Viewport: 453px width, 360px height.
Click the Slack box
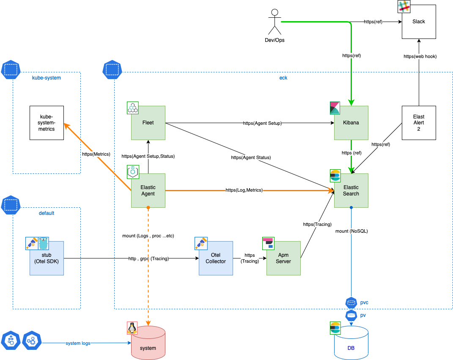click(x=419, y=22)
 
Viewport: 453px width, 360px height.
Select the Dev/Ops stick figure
click(x=275, y=22)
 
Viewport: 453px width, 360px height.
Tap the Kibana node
click(x=351, y=123)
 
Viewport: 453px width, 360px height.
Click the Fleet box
click(x=148, y=123)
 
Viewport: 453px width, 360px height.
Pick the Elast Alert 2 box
click(x=419, y=123)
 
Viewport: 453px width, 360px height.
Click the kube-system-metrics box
click(x=47, y=123)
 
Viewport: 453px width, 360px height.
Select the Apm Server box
click(x=283, y=258)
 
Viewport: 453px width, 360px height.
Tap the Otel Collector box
click(x=216, y=258)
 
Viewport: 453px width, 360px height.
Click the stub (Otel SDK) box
click(x=47, y=258)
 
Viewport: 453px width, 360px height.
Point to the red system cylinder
click(x=148, y=343)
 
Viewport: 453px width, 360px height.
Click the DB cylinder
click(x=351, y=343)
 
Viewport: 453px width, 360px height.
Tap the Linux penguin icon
click(x=132, y=328)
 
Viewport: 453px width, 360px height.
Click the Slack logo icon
click(x=404, y=6)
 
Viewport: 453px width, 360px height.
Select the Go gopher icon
click(x=43, y=243)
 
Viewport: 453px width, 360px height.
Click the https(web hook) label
click(x=420, y=56)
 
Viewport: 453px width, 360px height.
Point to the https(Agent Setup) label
click(x=262, y=123)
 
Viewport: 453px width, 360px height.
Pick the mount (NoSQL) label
click(x=351, y=231)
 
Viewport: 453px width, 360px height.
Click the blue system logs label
click(x=78, y=343)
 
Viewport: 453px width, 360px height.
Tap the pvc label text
click(x=364, y=302)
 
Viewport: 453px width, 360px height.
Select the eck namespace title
click(x=283, y=78)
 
